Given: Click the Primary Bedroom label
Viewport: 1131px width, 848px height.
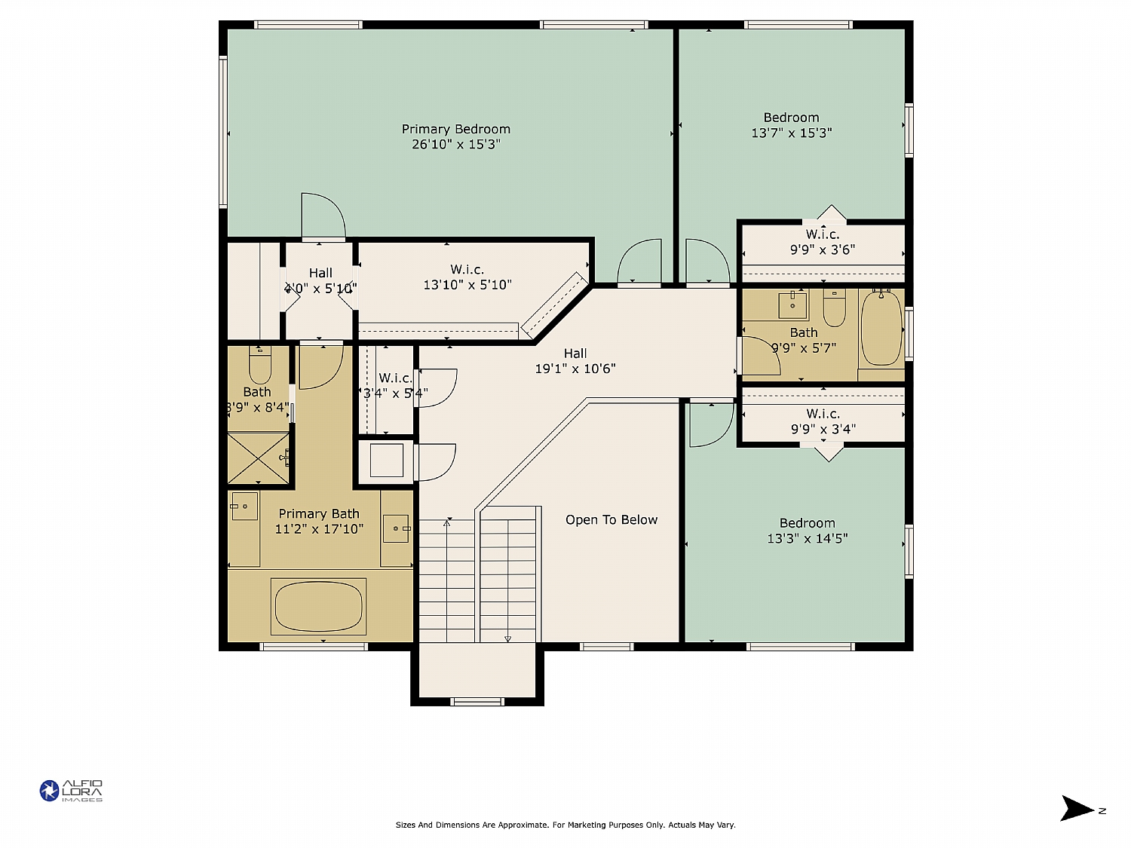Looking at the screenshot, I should coord(455,129).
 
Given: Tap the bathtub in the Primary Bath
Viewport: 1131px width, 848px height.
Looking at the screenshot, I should coord(318,607).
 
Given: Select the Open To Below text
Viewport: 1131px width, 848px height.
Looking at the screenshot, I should coord(611,519).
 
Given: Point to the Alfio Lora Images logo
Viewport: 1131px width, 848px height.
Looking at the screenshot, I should coord(71,791).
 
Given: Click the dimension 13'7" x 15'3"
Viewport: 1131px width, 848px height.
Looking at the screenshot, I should coord(791,133).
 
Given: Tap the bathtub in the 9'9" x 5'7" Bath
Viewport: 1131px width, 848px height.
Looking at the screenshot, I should coord(881,329).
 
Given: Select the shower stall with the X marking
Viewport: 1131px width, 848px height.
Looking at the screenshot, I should coord(259,458).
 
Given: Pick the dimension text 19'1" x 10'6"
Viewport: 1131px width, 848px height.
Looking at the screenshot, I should coord(575,369).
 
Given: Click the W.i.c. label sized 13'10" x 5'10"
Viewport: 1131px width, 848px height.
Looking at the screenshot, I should coord(467,269).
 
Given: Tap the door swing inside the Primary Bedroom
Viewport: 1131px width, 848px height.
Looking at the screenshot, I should coord(322,217).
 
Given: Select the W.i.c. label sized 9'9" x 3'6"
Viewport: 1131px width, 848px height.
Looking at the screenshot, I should coord(822,234).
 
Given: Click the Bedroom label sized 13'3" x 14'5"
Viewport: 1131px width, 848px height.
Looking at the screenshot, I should coord(807,522).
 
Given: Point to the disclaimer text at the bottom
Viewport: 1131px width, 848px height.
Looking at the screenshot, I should coord(565,825).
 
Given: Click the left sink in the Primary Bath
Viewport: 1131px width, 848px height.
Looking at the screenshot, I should coord(244,507).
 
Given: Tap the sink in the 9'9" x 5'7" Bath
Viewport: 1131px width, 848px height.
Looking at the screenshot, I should coord(792,305).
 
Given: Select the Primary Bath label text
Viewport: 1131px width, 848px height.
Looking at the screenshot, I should coord(319,513).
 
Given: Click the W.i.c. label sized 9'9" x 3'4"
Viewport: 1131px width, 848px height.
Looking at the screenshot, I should coord(823,414).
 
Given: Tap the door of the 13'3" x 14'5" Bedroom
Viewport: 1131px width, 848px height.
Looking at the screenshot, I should coord(710,424).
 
